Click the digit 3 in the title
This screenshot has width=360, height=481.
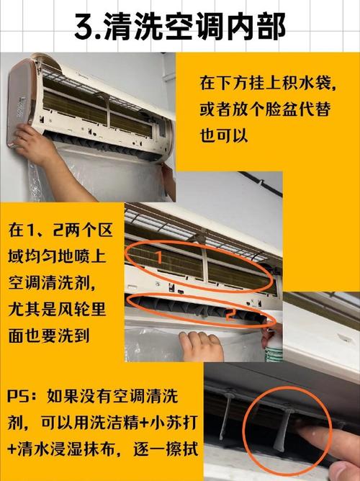[x=85, y=27]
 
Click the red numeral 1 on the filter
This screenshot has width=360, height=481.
[x=160, y=256]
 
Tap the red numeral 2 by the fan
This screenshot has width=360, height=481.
[x=229, y=315]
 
